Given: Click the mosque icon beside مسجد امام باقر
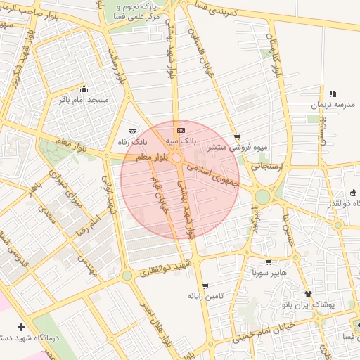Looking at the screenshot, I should [84, 89].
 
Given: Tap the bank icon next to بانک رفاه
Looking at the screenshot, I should [133, 131].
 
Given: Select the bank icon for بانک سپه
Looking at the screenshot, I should [181, 130].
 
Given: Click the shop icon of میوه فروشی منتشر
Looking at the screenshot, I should [237, 137].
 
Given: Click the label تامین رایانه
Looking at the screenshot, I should [205, 297].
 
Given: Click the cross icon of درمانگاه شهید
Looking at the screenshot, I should [21, 327].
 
